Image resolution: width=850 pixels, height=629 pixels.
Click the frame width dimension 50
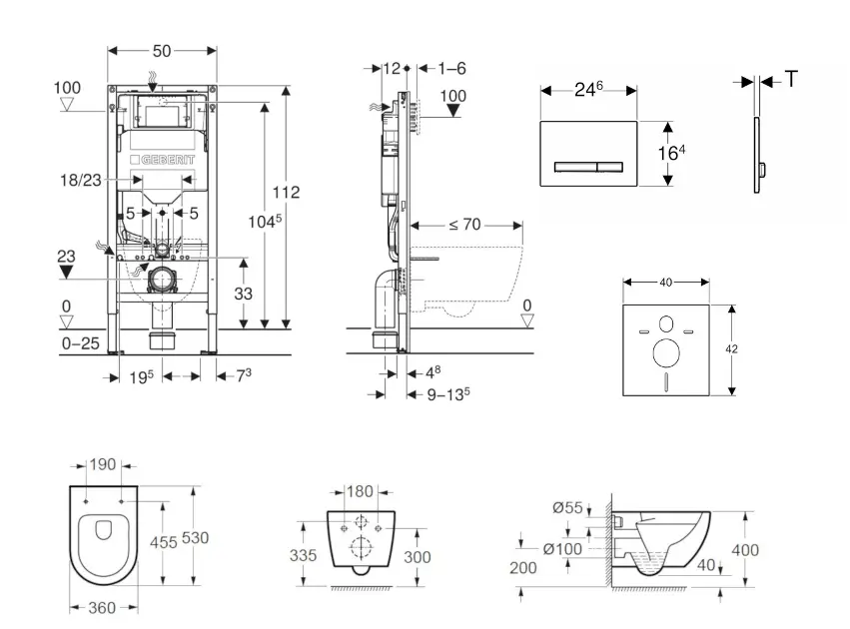tap(162, 48)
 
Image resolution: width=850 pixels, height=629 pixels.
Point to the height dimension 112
tap(287, 192)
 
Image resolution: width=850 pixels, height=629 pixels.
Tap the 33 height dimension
tap(242, 294)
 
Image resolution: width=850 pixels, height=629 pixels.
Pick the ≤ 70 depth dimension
tap(464, 226)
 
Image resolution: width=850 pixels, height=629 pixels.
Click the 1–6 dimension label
tap(451, 69)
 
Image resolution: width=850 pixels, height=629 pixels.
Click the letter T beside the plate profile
tap(791, 80)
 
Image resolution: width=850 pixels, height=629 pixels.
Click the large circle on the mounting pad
tap(664, 351)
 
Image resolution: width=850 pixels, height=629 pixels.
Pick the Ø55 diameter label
tap(569, 508)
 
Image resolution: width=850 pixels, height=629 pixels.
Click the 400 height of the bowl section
tap(744, 549)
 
